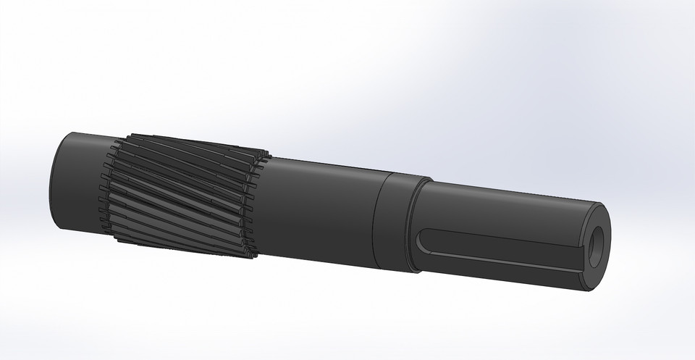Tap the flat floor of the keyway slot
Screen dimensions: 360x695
point(500,243)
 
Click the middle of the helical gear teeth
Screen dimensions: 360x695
point(181,192)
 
